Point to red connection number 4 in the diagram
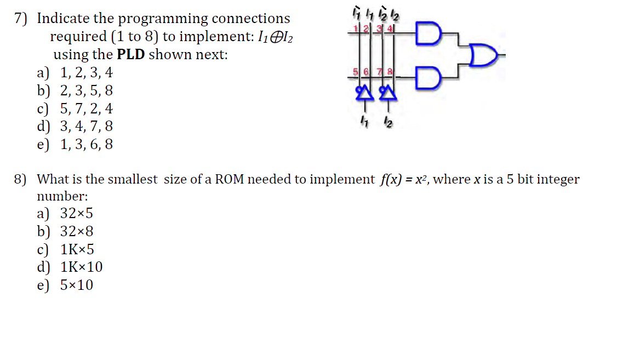click(391, 28)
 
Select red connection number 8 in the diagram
click(391, 72)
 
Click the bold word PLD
click(131, 55)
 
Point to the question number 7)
click(20, 19)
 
